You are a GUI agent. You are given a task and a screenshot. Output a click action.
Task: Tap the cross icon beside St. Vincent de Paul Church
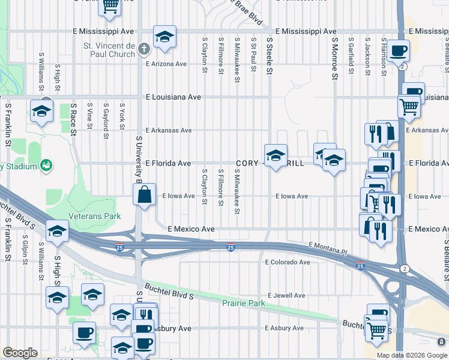(x=143, y=49)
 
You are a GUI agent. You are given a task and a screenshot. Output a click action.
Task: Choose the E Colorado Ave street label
(x=288, y=262)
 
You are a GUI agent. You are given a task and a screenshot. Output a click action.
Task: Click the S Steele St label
(x=270, y=56)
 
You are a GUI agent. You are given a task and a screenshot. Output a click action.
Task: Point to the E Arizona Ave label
(x=166, y=64)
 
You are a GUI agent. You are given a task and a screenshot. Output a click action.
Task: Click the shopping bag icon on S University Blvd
(x=145, y=194)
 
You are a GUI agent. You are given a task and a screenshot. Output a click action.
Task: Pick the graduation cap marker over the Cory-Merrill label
(x=276, y=155)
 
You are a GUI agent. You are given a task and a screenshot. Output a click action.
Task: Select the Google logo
(x=20, y=353)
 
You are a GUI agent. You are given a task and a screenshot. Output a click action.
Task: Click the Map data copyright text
(x=412, y=355)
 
